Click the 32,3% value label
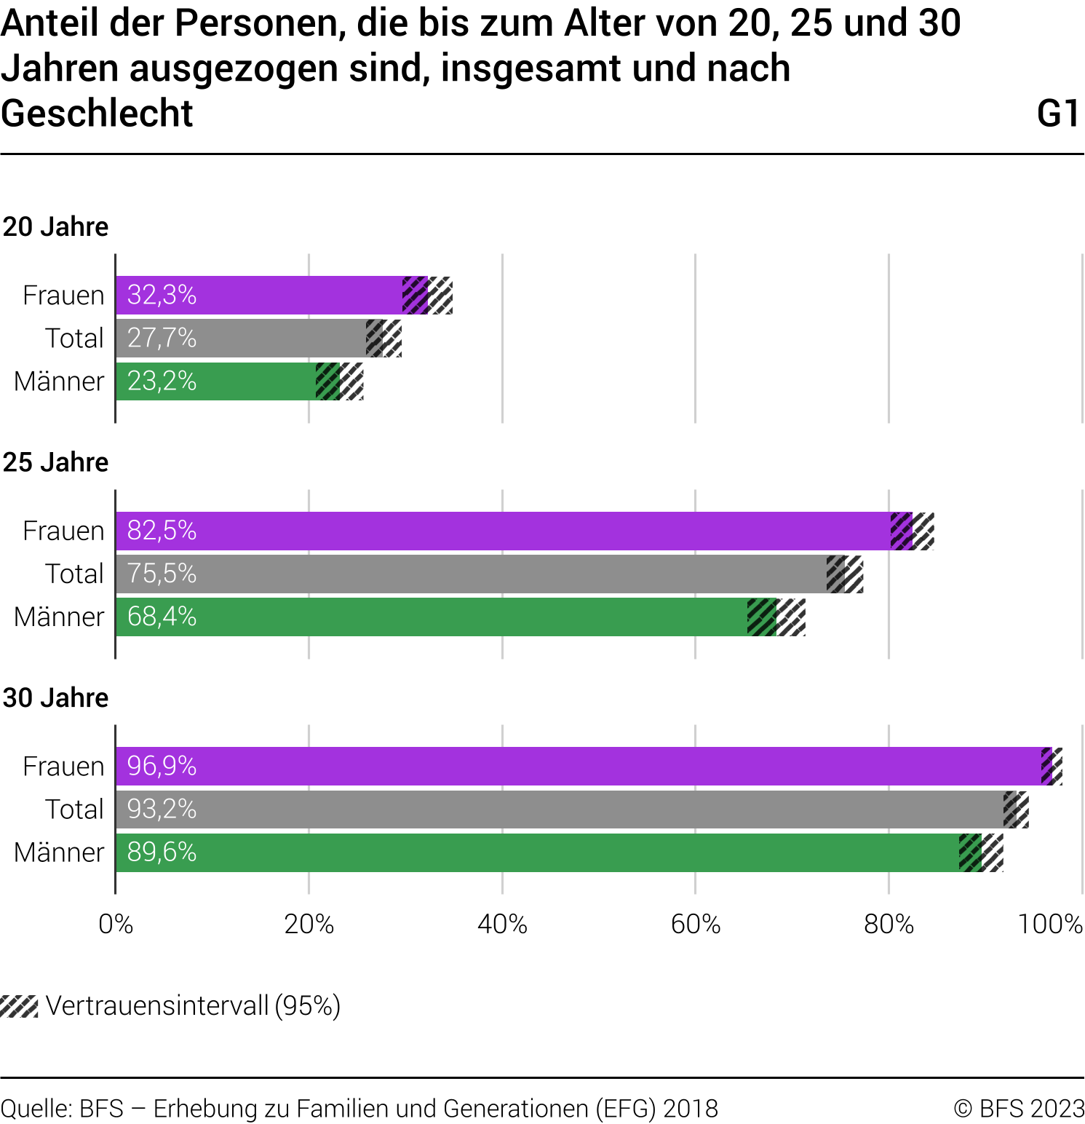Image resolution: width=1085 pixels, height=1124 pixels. pos(162,295)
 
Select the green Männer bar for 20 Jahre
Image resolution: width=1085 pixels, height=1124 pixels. pos(218,381)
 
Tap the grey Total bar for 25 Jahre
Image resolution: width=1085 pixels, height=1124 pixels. pos(473,574)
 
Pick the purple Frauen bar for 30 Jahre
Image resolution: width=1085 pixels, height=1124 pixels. pos(582,766)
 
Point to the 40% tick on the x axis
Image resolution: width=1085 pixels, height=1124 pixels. pos(502,924)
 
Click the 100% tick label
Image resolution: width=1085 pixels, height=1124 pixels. pos(1050,924)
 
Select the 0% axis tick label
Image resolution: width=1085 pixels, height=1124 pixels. pos(116,924)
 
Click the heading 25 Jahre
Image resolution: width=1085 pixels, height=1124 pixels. pos(55,462)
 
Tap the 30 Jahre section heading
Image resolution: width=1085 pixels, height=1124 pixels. pos(55,697)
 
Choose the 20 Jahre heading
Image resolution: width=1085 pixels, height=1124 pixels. pos(55,226)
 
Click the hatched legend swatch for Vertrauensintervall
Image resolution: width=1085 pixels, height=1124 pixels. pos(19,1006)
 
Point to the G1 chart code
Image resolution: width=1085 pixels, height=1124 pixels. pos(1058,114)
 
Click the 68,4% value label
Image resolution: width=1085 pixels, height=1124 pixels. pos(162,617)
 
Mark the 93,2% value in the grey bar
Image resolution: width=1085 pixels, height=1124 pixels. pos(162,809)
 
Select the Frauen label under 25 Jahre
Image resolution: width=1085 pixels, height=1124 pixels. pos(63,531)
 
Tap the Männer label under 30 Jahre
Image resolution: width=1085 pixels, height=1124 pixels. pos(59,852)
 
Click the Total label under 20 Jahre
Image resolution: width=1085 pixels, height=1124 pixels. pos(74,338)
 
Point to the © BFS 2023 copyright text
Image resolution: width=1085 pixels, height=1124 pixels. pos(1019,1108)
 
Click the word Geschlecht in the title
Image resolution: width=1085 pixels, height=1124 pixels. pos(97,114)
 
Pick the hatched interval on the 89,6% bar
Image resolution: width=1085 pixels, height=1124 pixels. pos(981,852)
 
